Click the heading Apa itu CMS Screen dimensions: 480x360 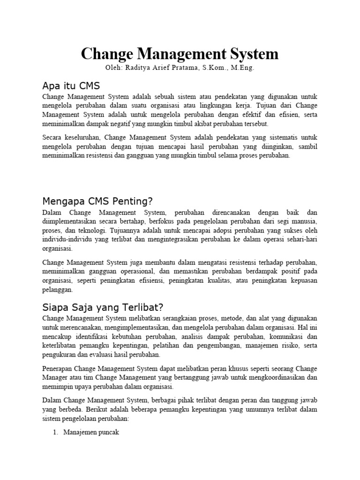pos(71,86)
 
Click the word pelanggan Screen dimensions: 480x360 pos(58,290)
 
